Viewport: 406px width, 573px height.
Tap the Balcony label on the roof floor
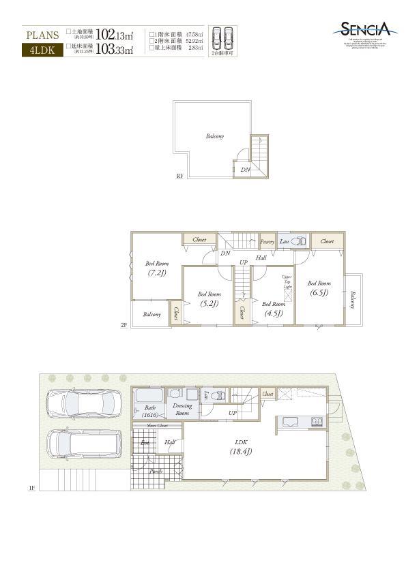[x=215, y=136]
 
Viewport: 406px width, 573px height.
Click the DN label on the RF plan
[x=245, y=170]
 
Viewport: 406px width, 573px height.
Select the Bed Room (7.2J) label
[x=157, y=268]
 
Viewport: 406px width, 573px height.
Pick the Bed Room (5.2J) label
[x=209, y=300]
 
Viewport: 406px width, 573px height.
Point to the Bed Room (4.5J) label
[x=274, y=309]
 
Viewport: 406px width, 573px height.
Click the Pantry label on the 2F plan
[x=267, y=241]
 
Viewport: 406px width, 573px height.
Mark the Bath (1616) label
[x=150, y=412]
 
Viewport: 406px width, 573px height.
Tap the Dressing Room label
[x=182, y=409]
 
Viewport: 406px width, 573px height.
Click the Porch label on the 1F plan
[x=156, y=471]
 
